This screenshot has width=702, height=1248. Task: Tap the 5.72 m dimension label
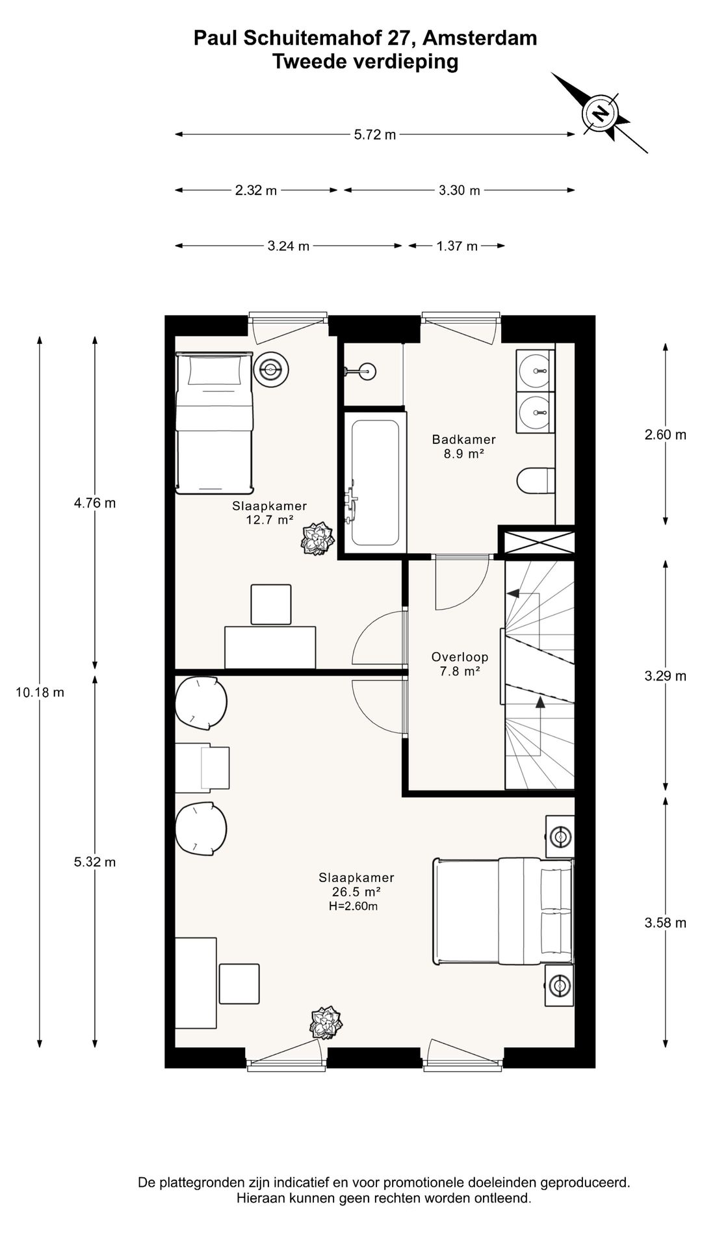tap(375, 135)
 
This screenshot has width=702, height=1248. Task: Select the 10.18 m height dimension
tap(40, 692)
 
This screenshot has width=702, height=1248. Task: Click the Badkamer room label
tap(464, 439)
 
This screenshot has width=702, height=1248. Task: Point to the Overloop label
tap(460, 657)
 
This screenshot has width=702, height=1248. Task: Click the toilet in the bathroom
tap(536, 482)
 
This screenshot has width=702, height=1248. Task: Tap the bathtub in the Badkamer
tap(374, 482)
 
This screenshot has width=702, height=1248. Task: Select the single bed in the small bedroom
tap(214, 422)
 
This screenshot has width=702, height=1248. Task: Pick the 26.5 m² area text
tap(356, 892)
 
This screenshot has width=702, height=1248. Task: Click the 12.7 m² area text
tap(270, 519)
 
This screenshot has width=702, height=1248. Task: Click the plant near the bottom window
tap(326, 1022)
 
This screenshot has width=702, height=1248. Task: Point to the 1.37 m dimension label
tap(457, 246)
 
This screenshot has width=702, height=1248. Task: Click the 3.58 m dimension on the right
tap(666, 922)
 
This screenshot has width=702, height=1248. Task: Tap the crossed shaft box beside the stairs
tap(537, 542)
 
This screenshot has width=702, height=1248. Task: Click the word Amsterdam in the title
tap(480, 38)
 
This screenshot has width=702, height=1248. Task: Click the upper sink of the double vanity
tap(536, 370)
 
